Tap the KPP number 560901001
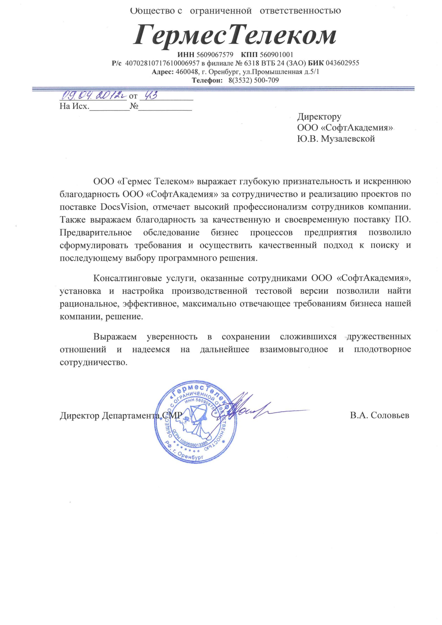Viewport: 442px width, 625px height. pyautogui.click(x=276, y=55)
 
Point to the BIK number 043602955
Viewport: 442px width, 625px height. pyautogui.click(x=342, y=63)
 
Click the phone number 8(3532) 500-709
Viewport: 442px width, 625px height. pyautogui.click(x=253, y=80)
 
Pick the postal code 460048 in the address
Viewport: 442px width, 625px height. pyautogui.click(x=185, y=72)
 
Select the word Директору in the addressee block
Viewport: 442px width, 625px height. pyautogui.click(x=319, y=117)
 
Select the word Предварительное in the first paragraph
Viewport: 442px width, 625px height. pyautogui.click(x=95, y=232)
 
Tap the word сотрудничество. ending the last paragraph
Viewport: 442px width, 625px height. pyautogui.click(x=94, y=363)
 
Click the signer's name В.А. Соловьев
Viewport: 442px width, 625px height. pyautogui.click(x=380, y=415)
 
